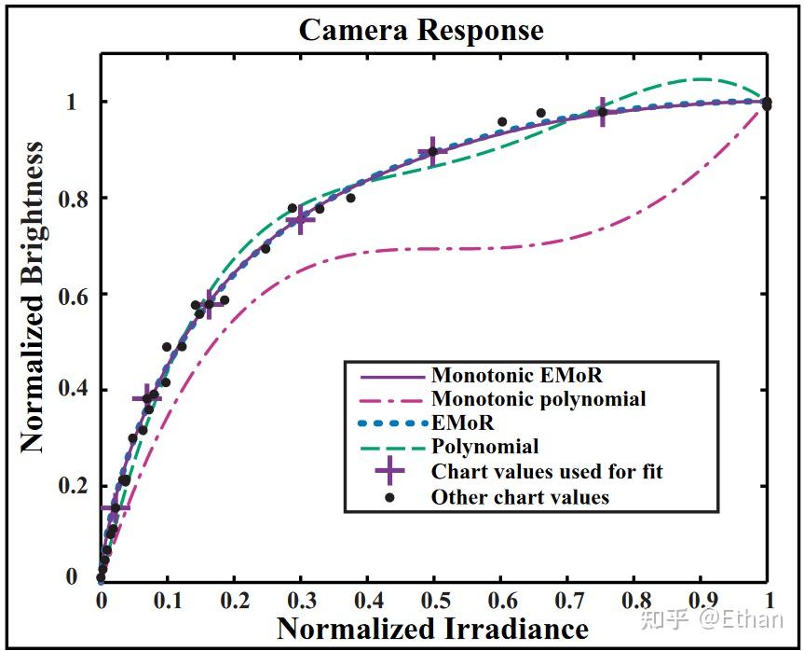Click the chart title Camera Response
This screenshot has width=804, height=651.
tap(420, 30)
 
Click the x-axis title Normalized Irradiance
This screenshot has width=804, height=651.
tap(432, 628)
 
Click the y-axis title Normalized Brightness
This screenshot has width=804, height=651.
tap(34, 297)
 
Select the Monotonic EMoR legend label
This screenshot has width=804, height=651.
tap(516, 376)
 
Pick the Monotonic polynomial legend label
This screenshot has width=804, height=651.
tap(538, 399)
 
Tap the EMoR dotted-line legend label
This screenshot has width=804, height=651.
tap(462, 422)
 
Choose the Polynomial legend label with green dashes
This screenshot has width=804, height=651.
tap(484, 447)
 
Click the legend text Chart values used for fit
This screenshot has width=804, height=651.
tap(547, 471)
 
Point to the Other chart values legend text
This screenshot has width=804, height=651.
tap(520, 497)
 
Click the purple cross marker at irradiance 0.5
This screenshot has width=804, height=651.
tap(432, 151)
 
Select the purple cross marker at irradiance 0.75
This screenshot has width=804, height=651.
tap(602, 112)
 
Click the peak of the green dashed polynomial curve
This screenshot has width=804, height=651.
tap(701, 79)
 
